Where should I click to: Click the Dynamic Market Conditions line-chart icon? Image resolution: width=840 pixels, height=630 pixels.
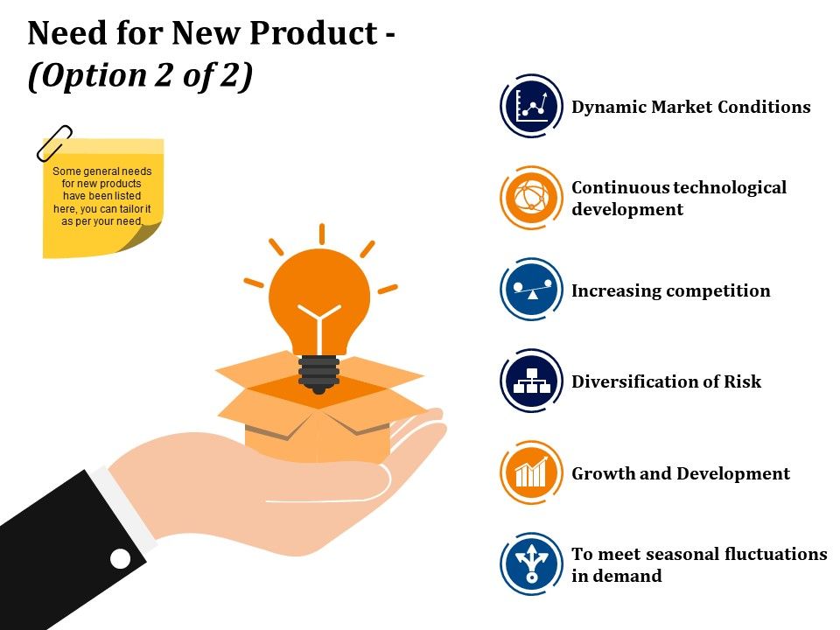pyautogui.click(x=531, y=106)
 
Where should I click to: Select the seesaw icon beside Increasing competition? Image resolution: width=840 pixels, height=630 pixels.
pyautogui.click(x=531, y=290)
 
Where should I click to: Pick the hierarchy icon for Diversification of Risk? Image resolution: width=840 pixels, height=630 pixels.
pyautogui.click(x=531, y=381)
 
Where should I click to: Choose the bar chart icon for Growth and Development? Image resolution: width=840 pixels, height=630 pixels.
pyautogui.click(x=531, y=473)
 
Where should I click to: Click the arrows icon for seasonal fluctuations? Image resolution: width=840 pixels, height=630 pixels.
pyautogui.click(x=531, y=564)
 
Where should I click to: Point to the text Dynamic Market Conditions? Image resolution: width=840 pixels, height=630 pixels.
pyautogui.click(x=690, y=107)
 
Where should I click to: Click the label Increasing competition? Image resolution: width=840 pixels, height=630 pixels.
pyautogui.click(x=670, y=290)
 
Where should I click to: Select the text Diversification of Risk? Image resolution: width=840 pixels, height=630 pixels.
pyautogui.click(x=666, y=381)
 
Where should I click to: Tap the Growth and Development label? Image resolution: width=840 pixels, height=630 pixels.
pyautogui.click(x=680, y=473)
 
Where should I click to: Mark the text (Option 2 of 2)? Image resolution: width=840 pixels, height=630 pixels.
pyautogui.click(x=140, y=76)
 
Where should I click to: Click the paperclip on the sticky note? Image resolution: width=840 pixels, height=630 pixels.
pyautogui.click(x=54, y=143)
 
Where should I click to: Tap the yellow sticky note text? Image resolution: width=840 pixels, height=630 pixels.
pyautogui.click(x=101, y=197)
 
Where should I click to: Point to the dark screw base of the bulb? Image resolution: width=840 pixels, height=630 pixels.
pyautogui.click(x=318, y=372)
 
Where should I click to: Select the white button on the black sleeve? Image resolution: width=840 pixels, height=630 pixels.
pyautogui.click(x=120, y=558)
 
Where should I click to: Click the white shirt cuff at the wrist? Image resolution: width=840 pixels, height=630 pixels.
pyautogui.click(x=122, y=507)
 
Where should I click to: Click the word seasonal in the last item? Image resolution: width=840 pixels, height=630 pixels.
pyautogui.click(x=675, y=554)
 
